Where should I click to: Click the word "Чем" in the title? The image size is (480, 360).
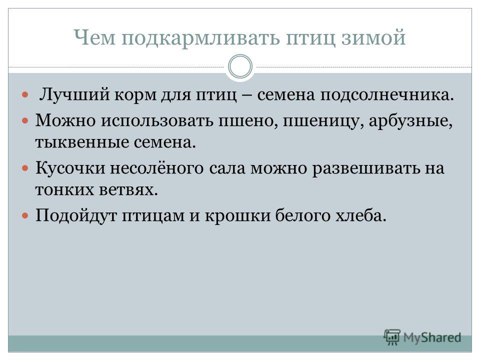click(94, 37)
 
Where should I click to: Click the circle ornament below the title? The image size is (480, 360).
click(240, 66)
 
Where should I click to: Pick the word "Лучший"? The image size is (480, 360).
click(74, 94)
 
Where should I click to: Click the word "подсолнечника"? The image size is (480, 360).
click(387, 95)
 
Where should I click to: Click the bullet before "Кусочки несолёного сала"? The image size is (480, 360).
click(25, 168)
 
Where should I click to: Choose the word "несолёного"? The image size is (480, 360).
click(156, 168)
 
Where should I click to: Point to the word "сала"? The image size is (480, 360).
click(227, 168)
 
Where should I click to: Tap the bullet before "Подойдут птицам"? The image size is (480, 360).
click(25, 215)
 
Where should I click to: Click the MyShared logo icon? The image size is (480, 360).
click(392, 337)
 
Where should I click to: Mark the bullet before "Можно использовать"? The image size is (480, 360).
click(25, 120)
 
